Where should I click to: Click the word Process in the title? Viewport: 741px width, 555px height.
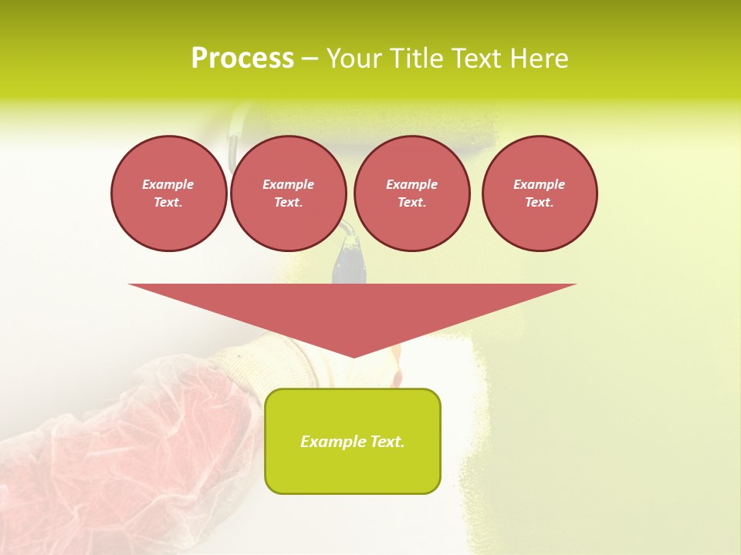[242, 59]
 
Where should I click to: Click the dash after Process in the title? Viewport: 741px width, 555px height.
[310, 60]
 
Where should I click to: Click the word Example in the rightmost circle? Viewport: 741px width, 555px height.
[539, 184]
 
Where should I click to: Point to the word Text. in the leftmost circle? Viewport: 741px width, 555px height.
[168, 203]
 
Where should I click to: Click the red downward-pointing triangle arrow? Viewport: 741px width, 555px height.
[352, 308]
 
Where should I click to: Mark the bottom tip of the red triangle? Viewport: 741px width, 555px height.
[353, 355]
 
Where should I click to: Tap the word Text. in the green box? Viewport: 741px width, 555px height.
[387, 442]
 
